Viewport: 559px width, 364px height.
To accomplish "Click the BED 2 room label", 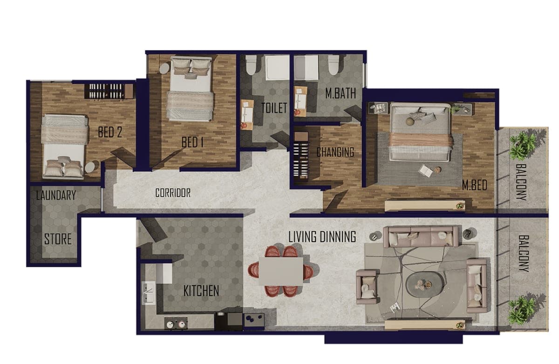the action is click(x=110, y=132).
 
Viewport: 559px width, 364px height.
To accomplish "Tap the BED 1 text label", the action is click(x=192, y=142).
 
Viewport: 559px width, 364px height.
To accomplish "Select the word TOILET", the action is click(x=274, y=108).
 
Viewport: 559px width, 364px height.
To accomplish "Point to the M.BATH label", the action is click(x=341, y=93).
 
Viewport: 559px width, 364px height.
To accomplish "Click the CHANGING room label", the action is click(x=335, y=152).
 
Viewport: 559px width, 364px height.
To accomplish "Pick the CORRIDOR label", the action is click(x=173, y=193).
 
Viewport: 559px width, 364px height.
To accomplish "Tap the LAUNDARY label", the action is click(x=56, y=195).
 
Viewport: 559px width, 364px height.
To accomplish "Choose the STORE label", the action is click(x=58, y=239).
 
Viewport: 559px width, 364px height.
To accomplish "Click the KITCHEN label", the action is click(x=201, y=291).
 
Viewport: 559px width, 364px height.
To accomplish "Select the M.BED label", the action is click(x=474, y=185).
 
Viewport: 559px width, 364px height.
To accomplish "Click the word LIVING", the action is click(x=302, y=237).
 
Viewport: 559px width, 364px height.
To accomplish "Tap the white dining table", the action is click(x=281, y=271).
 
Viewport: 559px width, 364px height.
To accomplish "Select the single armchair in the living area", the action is click(x=366, y=287).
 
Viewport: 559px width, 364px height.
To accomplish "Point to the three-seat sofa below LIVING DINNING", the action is click(x=421, y=236).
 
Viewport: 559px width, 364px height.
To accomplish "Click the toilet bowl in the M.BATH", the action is click(x=333, y=65).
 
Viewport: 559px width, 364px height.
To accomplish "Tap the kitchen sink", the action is click(x=149, y=293).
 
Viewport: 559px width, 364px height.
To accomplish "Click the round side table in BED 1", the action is click(x=164, y=68).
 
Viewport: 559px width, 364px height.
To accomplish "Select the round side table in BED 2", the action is click(x=90, y=167).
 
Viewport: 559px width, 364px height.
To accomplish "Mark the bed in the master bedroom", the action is click(x=420, y=132).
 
